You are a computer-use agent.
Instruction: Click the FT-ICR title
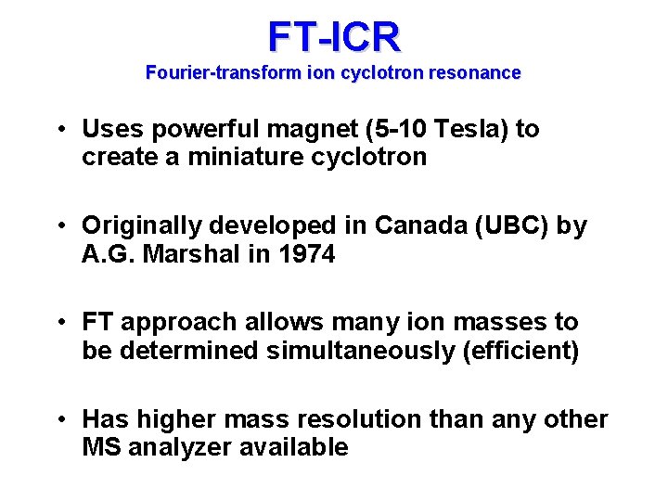[x=334, y=36]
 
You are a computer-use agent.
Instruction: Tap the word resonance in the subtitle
[x=478, y=72]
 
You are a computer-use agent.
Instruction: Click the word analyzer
[x=181, y=447]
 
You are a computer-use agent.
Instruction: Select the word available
[x=294, y=447]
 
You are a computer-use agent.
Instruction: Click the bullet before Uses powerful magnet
[x=60, y=130]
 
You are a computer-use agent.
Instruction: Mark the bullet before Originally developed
[x=60, y=226]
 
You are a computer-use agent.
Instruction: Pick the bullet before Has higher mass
[x=60, y=420]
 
